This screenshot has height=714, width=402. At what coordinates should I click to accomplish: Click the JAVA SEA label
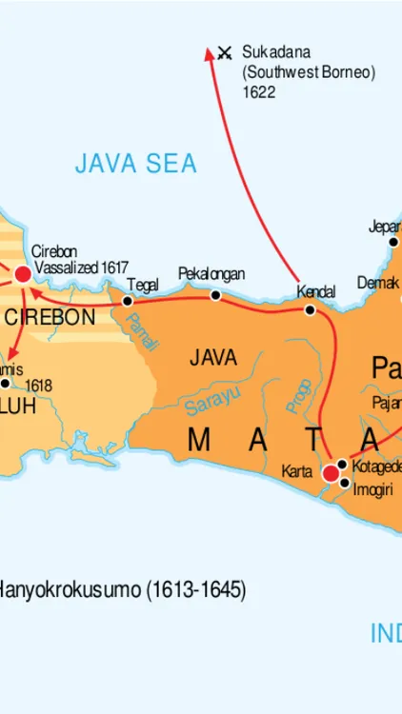(x=136, y=164)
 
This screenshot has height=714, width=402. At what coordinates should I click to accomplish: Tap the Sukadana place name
(x=276, y=51)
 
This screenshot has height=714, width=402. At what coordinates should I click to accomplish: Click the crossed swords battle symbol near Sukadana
(x=225, y=53)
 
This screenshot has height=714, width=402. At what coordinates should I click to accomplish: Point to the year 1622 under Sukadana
(x=258, y=92)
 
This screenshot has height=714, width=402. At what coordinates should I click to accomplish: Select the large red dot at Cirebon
(x=23, y=274)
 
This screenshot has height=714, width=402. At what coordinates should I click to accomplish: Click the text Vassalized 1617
(x=81, y=268)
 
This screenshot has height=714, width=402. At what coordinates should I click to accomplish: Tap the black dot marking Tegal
(x=128, y=301)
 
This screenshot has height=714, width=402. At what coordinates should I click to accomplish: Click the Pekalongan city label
(x=211, y=274)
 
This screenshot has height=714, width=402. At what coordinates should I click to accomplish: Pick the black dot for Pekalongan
(x=215, y=295)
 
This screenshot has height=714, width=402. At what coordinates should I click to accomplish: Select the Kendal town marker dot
(x=310, y=310)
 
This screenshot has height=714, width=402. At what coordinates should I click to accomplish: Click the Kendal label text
(x=315, y=291)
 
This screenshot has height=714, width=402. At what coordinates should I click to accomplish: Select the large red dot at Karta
(x=331, y=473)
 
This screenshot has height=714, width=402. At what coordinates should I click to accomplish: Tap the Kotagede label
(x=376, y=466)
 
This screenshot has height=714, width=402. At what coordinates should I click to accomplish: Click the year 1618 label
(x=38, y=386)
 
